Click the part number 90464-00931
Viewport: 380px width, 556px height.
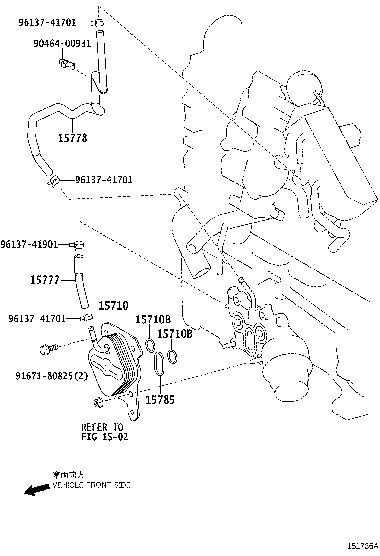62,43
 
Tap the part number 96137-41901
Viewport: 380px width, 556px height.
29,244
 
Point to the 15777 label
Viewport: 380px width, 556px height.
45,280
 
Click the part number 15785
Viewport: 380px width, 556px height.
160,400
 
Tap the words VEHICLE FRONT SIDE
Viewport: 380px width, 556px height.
91,485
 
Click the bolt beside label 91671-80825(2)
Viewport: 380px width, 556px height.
49,347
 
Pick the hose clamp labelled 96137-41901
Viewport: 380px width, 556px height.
78,244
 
